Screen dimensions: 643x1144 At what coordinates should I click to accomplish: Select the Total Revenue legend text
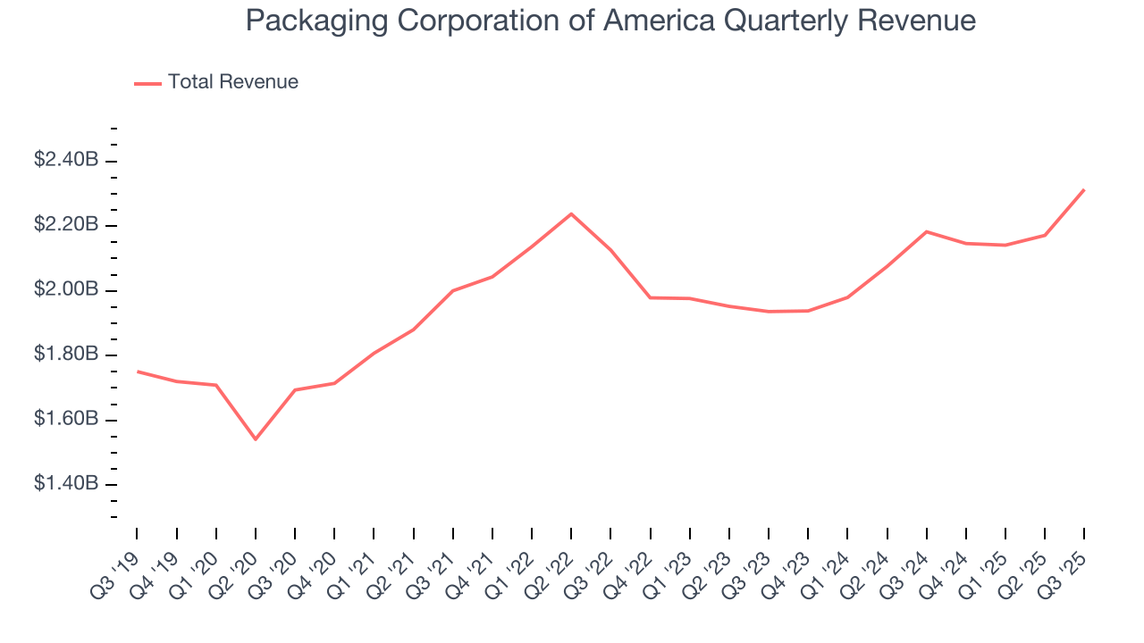pos(232,82)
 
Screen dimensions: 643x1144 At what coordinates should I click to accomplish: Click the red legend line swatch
pos(147,83)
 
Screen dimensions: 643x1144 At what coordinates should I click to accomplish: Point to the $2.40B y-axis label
pos(65,161)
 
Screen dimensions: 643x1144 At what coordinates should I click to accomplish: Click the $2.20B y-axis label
pos(65,225)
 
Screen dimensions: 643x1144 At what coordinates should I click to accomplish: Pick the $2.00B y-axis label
pos(65,290)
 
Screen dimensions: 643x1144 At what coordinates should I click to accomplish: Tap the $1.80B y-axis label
pos(65,355)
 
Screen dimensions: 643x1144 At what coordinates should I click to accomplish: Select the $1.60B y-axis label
pos(65,420)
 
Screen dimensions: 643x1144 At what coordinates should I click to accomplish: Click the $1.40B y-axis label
pos(65,484)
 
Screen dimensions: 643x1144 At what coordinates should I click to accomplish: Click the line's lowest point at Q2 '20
pos(256,439)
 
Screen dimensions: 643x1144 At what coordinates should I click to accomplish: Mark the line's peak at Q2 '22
pos(571,213)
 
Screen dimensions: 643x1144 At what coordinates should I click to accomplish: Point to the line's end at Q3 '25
pos(1084,189)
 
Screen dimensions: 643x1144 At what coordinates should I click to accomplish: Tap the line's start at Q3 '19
pos(137,372)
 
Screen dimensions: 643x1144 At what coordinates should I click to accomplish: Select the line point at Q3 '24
pos(927,231)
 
